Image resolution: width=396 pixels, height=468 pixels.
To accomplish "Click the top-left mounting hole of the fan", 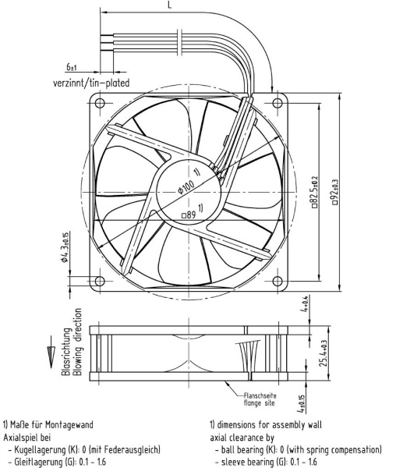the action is point(100,103).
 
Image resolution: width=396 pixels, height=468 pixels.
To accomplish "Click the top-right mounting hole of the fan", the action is point(278,103).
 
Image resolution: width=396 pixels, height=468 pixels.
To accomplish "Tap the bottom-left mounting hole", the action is point(100,281).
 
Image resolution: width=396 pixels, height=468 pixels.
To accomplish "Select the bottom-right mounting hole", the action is point(278,281).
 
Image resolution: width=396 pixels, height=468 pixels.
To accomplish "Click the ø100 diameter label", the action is point(186,187).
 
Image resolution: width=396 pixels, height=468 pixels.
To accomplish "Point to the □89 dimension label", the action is point(189,214).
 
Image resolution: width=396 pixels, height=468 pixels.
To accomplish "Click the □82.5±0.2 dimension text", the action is point(315,192).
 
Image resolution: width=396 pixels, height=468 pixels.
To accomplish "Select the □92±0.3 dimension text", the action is point(335,192).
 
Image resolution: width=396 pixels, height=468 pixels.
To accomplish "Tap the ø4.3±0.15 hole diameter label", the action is point(65,246).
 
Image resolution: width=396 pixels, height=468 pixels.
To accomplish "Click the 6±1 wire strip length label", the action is point(72,67).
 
